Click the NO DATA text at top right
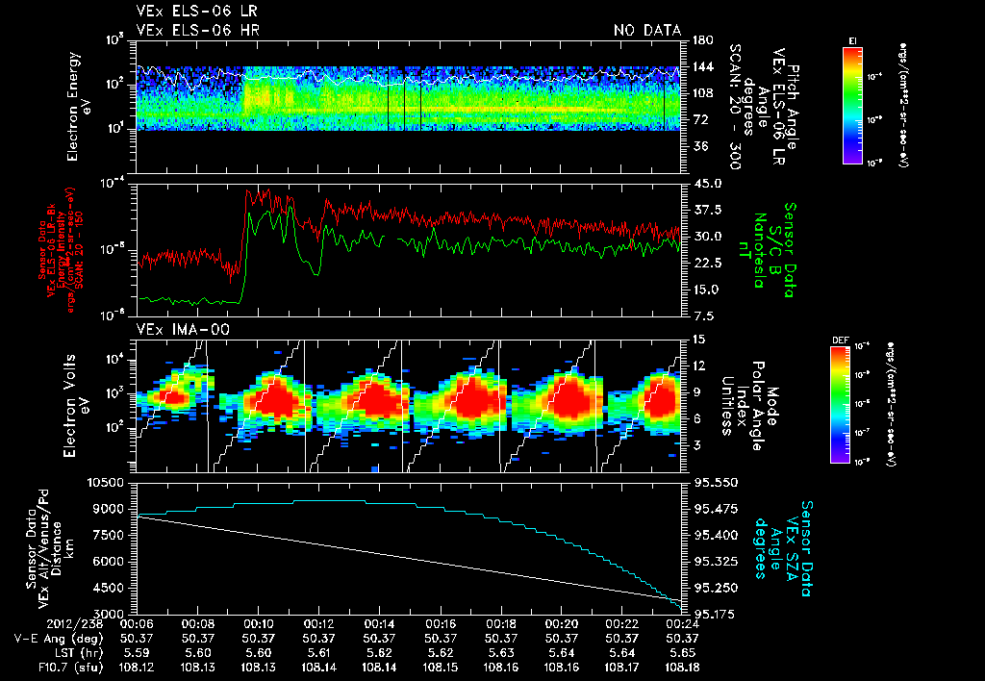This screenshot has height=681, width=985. point(646,31)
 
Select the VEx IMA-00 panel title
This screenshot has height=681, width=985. point(175,329)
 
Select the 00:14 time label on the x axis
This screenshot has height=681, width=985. point(379,623)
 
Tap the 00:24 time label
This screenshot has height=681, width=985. point(682,623)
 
